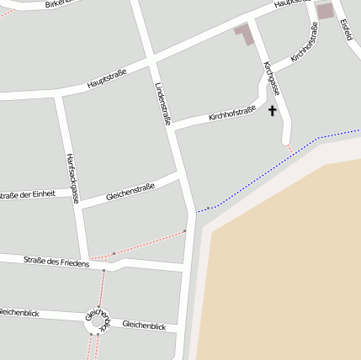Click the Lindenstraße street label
click(x=163, y=104)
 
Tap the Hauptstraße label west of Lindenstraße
click(x=107, y=79)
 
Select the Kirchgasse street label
click(x=270, y=77)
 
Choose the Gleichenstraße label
click(x=130, y=192)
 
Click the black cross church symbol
click(x=272, y=110)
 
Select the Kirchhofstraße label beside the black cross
click(x=231, y=113)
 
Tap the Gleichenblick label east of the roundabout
click(x=144, y=325)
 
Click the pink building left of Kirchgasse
click(x=244, y=34)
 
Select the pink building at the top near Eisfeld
click(x=325, y=10)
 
